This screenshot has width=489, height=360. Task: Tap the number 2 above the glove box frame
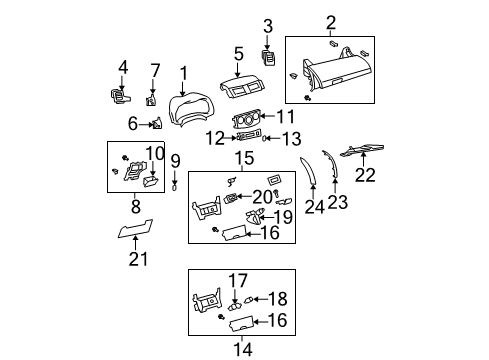pyautogui.click(x=330, y=22)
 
